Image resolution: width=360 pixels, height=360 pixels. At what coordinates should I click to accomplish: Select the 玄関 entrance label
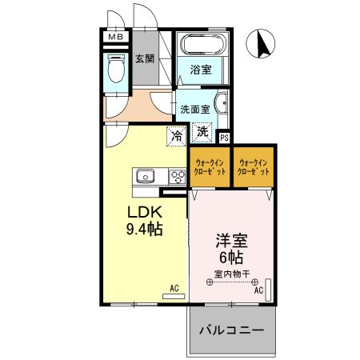coord(145,59)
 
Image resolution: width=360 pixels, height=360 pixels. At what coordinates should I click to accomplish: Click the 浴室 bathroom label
coord(201,70)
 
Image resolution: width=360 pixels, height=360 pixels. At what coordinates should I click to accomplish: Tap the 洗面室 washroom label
coord(194,110)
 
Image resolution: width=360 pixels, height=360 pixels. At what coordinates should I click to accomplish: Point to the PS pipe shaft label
coord(224,138)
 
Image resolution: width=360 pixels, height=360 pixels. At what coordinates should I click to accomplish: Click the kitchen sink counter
coord(151,177)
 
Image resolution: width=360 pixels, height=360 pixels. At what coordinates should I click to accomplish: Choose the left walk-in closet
coord(210,166)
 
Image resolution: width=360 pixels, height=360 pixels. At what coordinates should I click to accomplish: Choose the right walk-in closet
coord(254,166)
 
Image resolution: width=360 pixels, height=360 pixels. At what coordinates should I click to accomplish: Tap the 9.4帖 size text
coord(145,230)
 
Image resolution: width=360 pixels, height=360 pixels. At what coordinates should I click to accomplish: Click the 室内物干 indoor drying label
coord(232,274)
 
